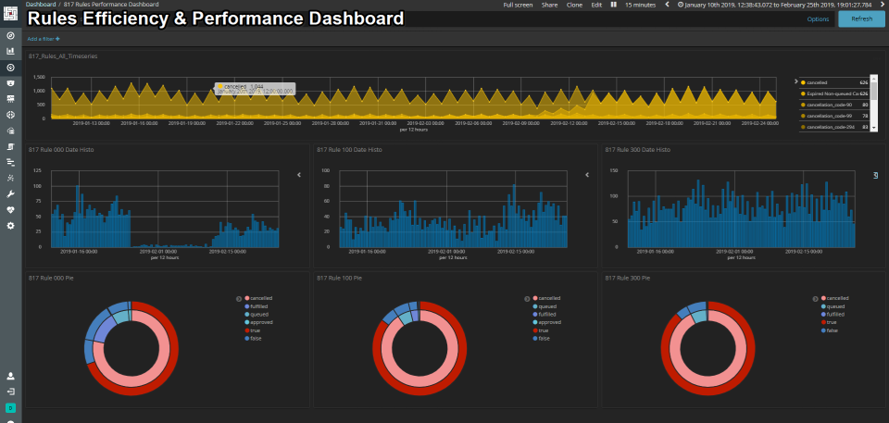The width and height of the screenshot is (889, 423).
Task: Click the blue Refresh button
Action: pyautogui.click(x=861, y=19)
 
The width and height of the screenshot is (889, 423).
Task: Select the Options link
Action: pyautogui.click(x=818, y=19)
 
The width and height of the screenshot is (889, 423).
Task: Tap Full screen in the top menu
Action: pyautogui.click(x=518, y=5)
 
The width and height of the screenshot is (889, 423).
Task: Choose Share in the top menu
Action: pyautogui.click(x=549, y=5)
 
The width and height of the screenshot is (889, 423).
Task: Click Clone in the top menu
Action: pyautogui.click(x=573, y=5)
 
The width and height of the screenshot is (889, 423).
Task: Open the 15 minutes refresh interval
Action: pyautogui.click(x=640, y=5)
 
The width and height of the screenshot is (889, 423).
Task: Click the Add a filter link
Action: pyautogui.click(x=44, y=39)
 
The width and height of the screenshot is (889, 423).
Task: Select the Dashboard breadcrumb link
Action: pyautogui.click(x=41, y=5)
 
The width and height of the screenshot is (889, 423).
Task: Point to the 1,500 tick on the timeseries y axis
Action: pyautogui.click(x=38, y=91)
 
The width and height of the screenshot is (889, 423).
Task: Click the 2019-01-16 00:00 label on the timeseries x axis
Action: pyautogui.click(x=141, y=122)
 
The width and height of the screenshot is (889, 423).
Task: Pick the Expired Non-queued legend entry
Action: pyautogui.click(x=830, y=93)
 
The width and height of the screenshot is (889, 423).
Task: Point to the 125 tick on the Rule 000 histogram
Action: pyautogui.click(x=38, y=170)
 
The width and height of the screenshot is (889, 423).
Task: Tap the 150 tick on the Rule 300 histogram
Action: pyautogui.click(x=613, y=170)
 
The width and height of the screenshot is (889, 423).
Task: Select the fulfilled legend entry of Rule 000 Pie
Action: pyautogui.click(x=260, y=305)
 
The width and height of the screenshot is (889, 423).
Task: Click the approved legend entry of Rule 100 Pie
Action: pyautogui.click(x=547, y=322)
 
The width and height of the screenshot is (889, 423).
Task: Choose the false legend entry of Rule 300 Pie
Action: pyautogui.click(x=833, y=330)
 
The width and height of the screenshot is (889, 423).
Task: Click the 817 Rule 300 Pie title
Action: pyautogui.click(x=627, y=278)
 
